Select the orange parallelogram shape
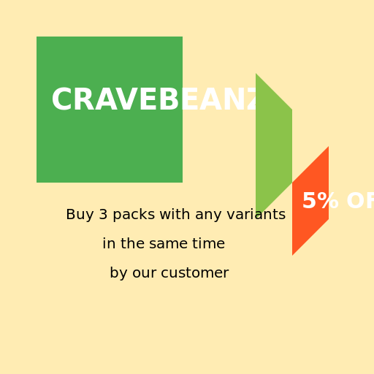click(x=310, y=201)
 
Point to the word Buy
click(x=80, y=215)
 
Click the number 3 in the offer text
click(x=103, y=215)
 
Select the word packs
click(x=134, y=215)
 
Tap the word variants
click(x=256, y=215)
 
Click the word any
click(x=208, y=215)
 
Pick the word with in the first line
click(x=175, y=215)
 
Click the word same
click(x=169, y=244)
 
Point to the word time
click(x=209, y=244)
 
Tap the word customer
click(x=195, y=273)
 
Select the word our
click(x=145, y=273)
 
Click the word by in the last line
click(x=118, y=274)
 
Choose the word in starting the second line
click(x=108, y=244)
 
